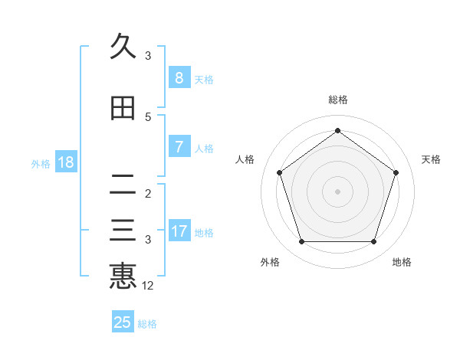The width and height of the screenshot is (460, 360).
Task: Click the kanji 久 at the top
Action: [123, 47]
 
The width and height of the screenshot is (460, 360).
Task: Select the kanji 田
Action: [123, 108]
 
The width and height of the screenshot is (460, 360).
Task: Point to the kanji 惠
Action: [123, 276]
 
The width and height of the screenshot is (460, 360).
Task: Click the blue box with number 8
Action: [179, 77]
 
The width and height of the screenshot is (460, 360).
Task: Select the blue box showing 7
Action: [179, 146]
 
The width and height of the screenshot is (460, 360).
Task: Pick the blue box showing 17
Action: [179, 231]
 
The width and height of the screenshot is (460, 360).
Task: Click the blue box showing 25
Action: [123, 322]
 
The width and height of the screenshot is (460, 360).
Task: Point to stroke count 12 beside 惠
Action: [148, 286]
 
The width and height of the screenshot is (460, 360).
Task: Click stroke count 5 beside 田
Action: [148, 116]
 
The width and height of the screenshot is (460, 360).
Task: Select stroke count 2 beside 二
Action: [148, 193]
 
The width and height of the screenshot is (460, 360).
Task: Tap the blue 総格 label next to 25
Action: [147, 324]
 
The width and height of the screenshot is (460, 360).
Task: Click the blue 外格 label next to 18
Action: [40, 163]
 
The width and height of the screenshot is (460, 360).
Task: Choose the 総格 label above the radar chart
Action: [338, 100]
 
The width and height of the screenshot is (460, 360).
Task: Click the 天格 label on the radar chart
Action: [431, 159]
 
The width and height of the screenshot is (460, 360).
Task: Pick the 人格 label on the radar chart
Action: [245, 159]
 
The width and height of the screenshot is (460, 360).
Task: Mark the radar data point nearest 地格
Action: [373, 242]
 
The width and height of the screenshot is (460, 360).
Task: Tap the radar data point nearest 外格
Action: [301, 242]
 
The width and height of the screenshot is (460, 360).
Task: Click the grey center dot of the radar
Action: [337, 191]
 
